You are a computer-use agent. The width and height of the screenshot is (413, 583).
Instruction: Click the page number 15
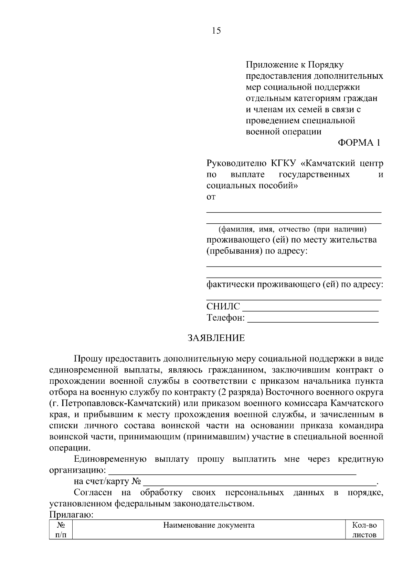click(216, 31)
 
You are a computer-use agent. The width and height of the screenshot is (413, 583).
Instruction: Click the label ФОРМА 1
click(359, 143)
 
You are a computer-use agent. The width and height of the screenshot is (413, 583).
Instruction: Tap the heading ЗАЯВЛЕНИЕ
click(216, 338)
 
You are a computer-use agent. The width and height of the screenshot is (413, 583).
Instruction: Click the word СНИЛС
click(223, 306)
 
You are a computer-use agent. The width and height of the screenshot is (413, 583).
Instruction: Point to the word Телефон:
click(226, 318)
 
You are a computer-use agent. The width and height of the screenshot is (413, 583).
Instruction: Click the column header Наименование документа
click(209, 525)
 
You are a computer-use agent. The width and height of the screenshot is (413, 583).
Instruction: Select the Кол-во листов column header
click(364, 530)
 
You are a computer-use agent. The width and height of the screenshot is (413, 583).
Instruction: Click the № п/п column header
click(61, 530)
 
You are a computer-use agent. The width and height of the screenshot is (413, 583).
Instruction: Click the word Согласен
click(93, 493)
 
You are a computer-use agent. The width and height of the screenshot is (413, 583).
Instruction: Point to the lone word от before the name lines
click(211, 197)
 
